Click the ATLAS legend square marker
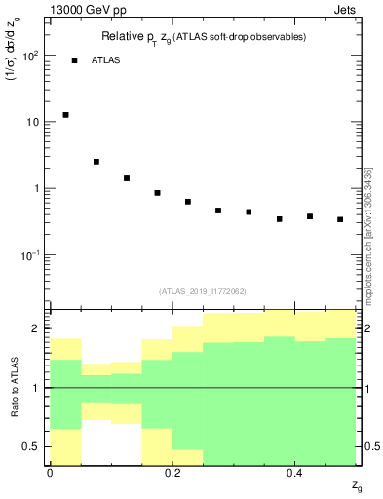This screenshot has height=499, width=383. tap(74, 60)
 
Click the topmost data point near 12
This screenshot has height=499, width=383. tap(65, 115)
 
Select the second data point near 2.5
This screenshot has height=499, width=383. tap(96, 162)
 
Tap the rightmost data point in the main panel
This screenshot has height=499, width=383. tap(340, 219)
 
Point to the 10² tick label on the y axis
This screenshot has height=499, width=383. tap(30, 56)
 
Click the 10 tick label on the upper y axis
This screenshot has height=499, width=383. tap(35, 122)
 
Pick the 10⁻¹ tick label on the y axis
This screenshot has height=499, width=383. tap(30, 255)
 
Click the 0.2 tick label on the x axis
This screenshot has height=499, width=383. tap(172, 473)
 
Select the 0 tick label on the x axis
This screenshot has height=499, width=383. tap(50, 473)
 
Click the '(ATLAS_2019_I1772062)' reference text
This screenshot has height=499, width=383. tap(203, 291)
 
